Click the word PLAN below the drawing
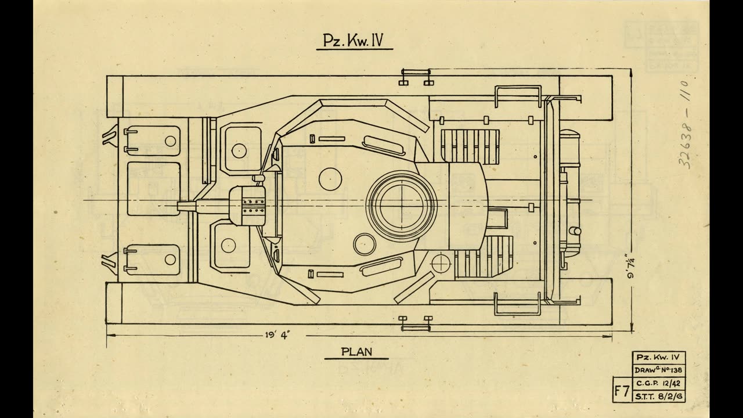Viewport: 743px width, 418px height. [356, 351]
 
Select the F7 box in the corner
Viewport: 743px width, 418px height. [622, 390]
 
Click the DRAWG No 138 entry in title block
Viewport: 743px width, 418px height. [658, 370]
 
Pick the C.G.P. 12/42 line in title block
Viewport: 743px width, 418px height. [658, 383]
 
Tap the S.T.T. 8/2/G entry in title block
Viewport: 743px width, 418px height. [658, 396]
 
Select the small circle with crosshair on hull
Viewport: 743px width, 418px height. [441, 262]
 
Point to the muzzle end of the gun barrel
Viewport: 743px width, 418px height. [178, 205]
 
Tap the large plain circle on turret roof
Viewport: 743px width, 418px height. [329, 178]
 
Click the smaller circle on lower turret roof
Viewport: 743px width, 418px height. [363, 243]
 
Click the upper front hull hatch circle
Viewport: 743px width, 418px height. [239, 150]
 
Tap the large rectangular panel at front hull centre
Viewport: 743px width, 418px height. [153, 188]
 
